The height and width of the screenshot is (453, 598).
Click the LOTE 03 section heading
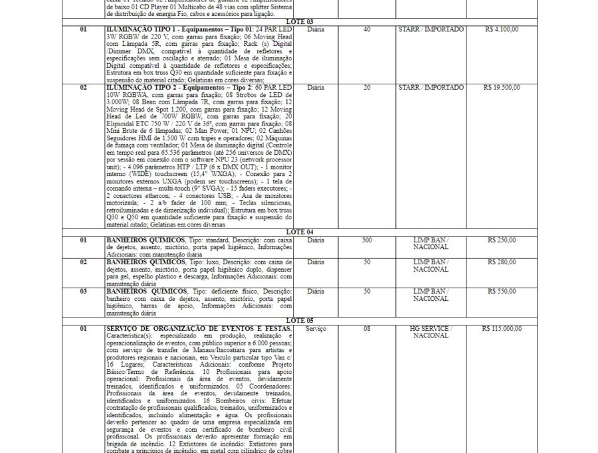pos(300,22)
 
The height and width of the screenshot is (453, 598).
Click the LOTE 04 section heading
pos(300,232)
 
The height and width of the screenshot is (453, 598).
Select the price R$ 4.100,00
pos(502,30)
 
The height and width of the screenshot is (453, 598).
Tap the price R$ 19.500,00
pos(502,88)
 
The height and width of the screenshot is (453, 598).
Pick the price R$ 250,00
pos(502,240)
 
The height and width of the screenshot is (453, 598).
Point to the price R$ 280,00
pos(502,262)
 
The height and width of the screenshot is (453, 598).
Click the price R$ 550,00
pos(502,292)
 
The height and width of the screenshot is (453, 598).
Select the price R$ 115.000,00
pos(502,329)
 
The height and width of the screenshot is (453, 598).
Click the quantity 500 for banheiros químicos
pos(367,240)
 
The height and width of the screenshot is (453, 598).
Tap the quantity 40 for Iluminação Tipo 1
pos(367,30)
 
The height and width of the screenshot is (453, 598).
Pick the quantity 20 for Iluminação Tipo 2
pos(367,88)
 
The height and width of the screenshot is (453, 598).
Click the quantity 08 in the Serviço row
pos(367,329)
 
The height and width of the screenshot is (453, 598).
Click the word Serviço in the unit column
pos(316,329)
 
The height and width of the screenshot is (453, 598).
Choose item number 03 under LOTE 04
pos(83,292)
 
